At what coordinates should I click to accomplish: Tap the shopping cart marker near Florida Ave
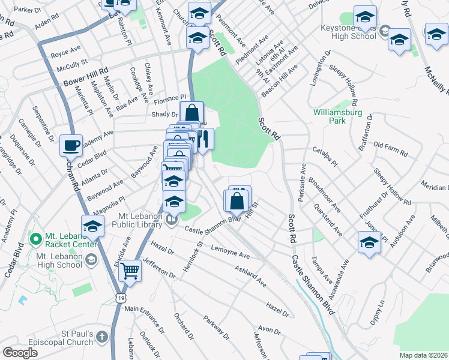130,271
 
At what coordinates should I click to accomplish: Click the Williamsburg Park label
329,116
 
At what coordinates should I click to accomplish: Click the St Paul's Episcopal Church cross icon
101,337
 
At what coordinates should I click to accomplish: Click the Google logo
20,353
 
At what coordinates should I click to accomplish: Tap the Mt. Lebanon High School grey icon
91,259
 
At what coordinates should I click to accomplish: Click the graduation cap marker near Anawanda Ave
369,243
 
